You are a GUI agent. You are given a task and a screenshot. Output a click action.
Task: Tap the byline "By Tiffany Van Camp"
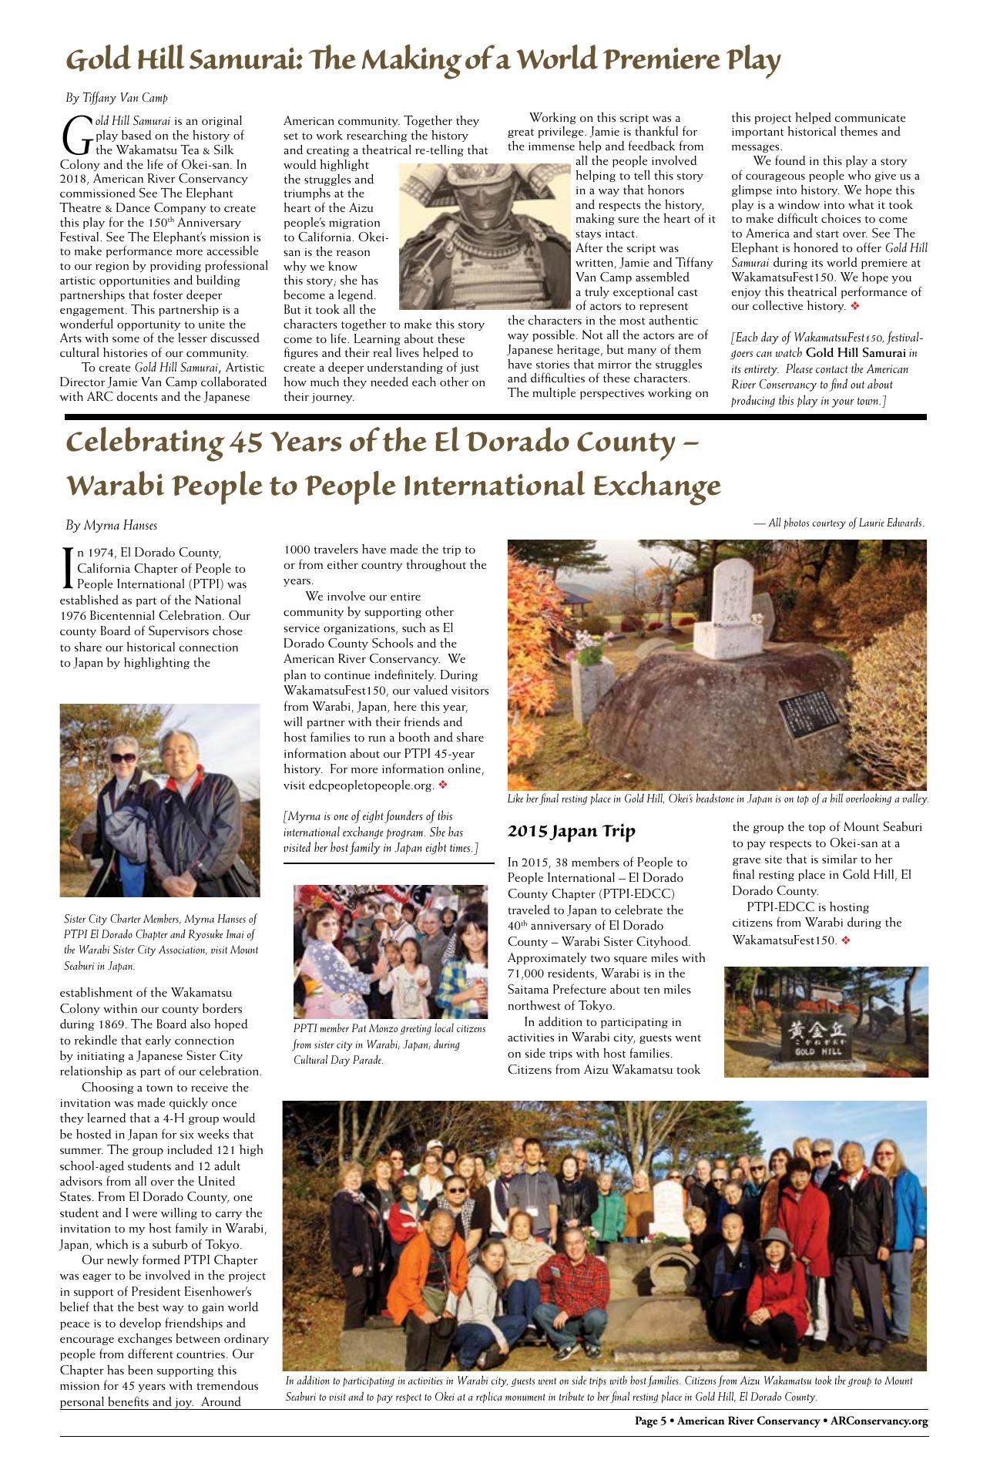point(116,98)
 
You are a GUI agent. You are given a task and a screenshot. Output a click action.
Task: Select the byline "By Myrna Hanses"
point(111,526)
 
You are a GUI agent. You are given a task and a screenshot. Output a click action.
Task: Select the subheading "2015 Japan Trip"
point(571,831)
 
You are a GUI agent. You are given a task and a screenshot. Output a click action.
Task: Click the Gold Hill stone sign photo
point(826,1021)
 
